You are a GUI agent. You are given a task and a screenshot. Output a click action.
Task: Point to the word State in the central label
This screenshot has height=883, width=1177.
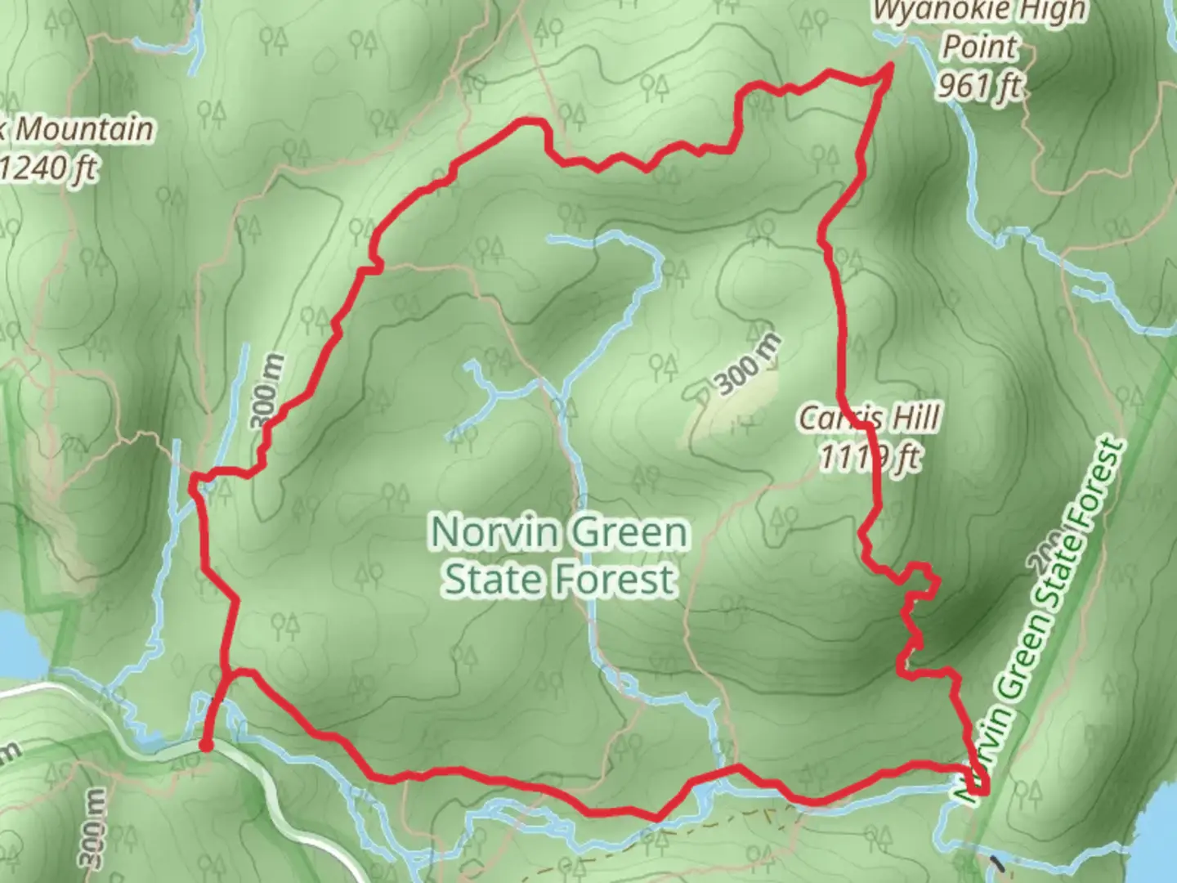point(494,580)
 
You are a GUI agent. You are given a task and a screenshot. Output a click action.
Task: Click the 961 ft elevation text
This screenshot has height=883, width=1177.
point(978,83)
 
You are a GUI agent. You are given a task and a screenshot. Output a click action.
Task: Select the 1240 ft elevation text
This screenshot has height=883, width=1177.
point(49,168)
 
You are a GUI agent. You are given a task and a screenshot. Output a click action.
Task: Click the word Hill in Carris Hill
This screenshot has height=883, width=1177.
point(915,419)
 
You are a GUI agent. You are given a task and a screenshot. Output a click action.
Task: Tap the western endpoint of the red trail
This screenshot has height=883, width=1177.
point(207,745)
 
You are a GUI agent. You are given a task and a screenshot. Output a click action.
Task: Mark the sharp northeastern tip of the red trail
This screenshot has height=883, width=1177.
point(888,71)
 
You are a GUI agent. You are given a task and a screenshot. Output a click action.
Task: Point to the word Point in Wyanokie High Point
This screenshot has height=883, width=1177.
point(980,47)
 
